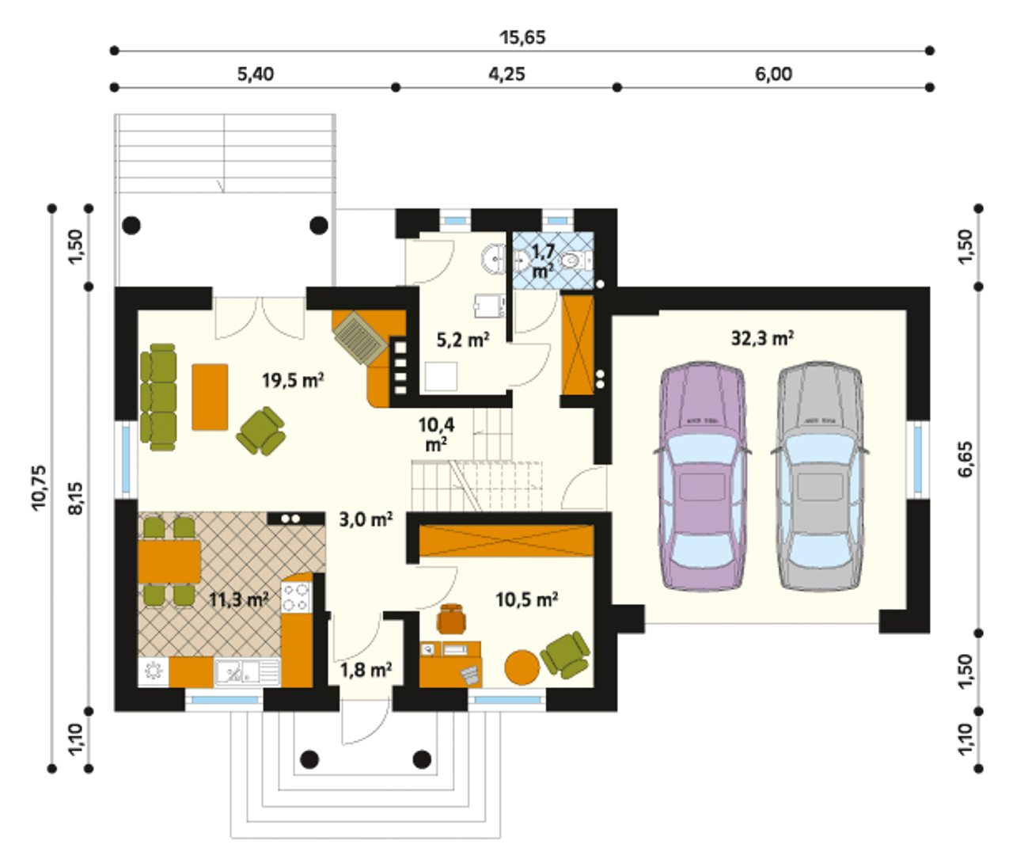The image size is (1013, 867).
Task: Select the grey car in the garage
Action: pyautogui.click(x=820, y=475)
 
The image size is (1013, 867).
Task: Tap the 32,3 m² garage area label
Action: pyautogui.click(x=763, y=338)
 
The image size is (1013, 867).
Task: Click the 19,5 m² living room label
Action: pyautogui.click(x=293, y=380)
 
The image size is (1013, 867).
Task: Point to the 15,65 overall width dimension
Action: pyautogui.click(x=522, y=37)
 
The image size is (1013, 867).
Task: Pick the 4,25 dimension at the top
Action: pyautogui.click(x=506, y=74)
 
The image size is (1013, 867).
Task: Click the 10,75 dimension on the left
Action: pyautogui.click(x=39, y=488)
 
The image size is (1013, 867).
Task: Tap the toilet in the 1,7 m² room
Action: pyautogui.click(x=574, y=260)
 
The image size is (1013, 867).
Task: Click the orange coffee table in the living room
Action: pyautogui.click(x=210, y=397)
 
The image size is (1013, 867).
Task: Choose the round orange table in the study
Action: pyautogui.click(x=522, y=667)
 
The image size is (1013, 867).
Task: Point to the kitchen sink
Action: pyautogui.click(x=247, y=673)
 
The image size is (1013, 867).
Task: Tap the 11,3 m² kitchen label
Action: pyautogui.click(x=239, y=599)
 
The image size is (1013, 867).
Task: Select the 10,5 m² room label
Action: pyautogui.click(x=527, y=599)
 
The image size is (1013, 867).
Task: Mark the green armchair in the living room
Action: pyautogui.click(x=260, y=431)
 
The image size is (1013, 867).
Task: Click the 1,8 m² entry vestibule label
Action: pyautogui.click(x=366, y=669)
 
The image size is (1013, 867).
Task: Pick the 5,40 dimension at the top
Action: pyautogui.click(x=256, y=74)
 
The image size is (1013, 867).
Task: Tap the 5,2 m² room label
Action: pyautogui.click(x=463, y=340)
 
